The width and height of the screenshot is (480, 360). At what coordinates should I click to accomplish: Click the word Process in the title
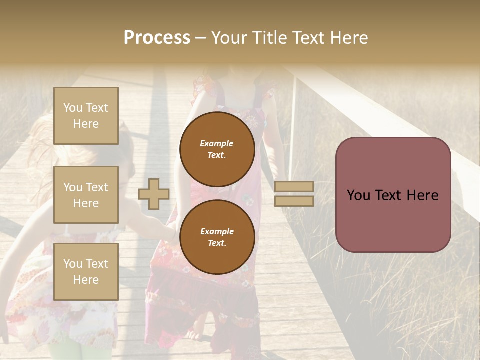157,38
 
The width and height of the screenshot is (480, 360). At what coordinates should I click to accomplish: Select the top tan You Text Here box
86,116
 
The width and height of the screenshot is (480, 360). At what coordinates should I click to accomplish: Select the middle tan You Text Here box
86,195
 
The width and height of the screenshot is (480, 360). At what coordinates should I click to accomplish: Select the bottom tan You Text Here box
86,272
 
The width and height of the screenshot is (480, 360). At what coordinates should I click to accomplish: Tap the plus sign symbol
154,194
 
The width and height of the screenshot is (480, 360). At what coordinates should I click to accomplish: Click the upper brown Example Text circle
217,149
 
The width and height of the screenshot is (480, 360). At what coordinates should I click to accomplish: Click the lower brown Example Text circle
217,237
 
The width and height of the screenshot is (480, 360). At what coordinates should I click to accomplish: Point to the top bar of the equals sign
294,186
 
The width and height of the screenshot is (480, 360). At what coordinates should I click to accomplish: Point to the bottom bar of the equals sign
294,201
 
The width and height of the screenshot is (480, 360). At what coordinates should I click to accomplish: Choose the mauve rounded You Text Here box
393,195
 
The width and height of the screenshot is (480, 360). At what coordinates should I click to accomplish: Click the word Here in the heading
349,38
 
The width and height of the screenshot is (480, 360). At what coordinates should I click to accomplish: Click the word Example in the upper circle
216,143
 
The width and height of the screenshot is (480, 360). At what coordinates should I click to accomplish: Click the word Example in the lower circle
216,231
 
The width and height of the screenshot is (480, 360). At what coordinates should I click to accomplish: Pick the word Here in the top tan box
86,124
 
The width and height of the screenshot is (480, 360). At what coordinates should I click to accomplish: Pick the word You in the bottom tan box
73,264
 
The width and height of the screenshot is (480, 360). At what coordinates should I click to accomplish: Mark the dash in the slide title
200,38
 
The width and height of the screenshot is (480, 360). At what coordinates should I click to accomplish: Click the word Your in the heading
228,38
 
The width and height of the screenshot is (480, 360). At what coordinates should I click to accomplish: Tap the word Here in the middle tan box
86,203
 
